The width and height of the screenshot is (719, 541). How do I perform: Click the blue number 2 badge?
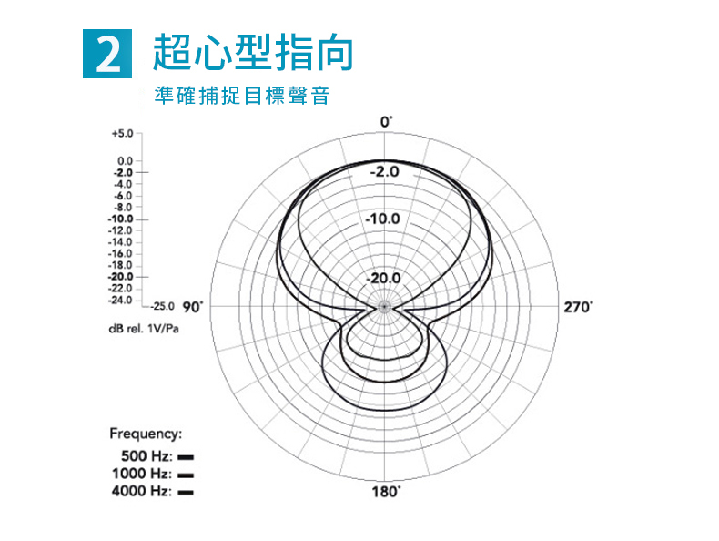pyautogui.click(x=106, y=54)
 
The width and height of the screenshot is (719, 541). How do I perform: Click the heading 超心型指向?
pyautogui.click(x=252, y=52)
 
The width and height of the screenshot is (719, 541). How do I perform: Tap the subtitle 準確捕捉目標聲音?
pyautogui.click(x=241, y=96)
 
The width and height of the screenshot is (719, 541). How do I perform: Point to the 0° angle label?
pyautogui.click(x=387, y=121)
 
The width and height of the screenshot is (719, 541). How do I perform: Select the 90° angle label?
pyautogui.click(x=193, y=307)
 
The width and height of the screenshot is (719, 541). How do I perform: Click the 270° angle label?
pyautogui.click(x=578, y=307)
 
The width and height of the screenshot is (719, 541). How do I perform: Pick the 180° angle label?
pyautogui.click(x=387, y=493)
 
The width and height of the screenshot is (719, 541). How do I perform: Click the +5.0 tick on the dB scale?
pyautogui.click(x=121, y=133)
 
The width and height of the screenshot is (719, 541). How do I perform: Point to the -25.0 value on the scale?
pyautogui.click(x=163, y=307)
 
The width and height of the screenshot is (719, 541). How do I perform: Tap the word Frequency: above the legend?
pyautogui.click(x=147, y=434)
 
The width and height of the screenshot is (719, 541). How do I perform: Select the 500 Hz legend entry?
pyautogui.click(x=152, y=456)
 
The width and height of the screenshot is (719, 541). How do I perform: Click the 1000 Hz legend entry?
pyautogui.click(x=152, y=474)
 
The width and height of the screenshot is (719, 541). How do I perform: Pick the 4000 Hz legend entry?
pyautogui.click(x=152, y=491)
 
